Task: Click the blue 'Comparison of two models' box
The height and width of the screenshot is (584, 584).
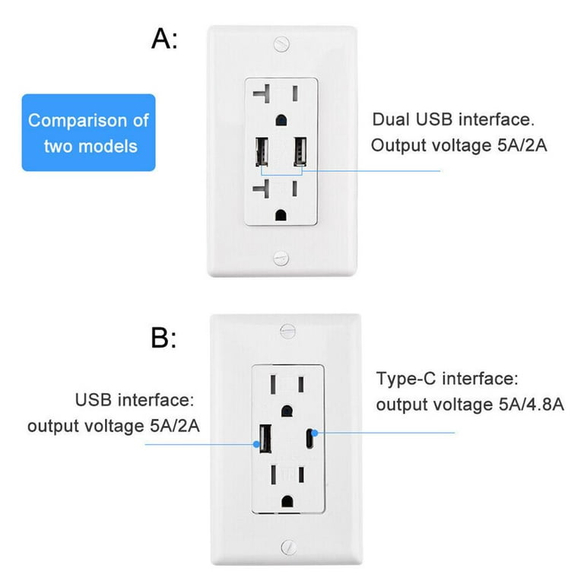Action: (x=88, y=132)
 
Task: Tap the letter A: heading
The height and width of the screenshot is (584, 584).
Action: (x=164, y=39)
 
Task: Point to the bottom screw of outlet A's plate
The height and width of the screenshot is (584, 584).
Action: (x=282, y=258)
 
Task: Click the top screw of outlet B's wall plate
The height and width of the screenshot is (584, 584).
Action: (x=287, y=330)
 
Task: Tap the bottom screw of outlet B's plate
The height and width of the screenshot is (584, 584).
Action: (x=287, y=546)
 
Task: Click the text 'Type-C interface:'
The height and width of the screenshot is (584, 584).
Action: (x=447, y=379)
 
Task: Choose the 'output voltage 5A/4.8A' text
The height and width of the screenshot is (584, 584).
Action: (x=470, y=405)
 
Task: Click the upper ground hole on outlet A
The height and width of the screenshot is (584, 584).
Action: (x=282, y=119)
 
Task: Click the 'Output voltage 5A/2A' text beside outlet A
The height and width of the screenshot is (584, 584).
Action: (x=459, y=145)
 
